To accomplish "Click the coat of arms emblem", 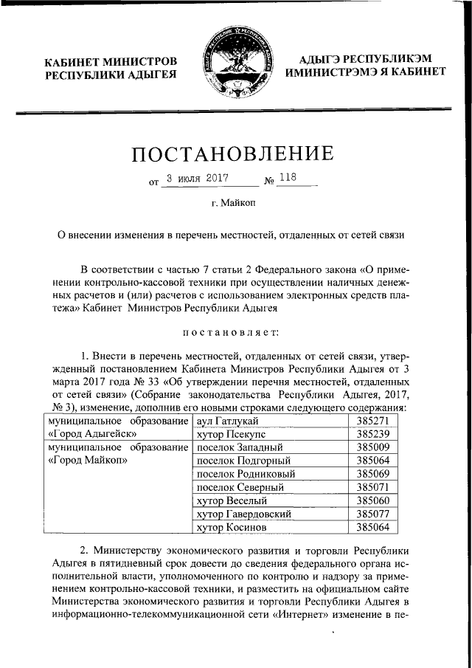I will (237, 61).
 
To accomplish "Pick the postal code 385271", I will (372, 421).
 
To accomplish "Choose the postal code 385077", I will (372, 513).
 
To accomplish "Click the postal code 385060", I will (372, 500).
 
